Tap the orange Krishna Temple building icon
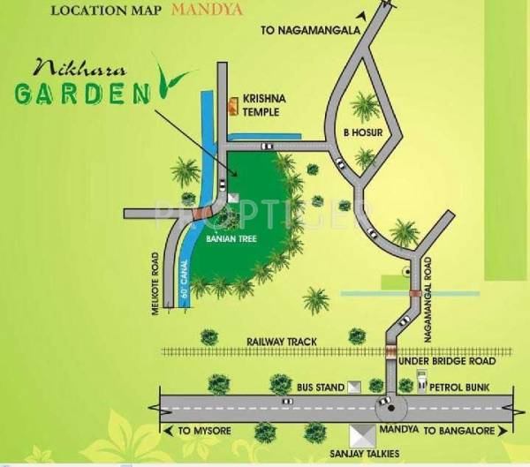pos(234,106)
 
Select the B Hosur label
pos(360,133)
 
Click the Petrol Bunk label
pos(463,386)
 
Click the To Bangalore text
pos(459,430)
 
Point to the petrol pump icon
pos(422,386)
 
